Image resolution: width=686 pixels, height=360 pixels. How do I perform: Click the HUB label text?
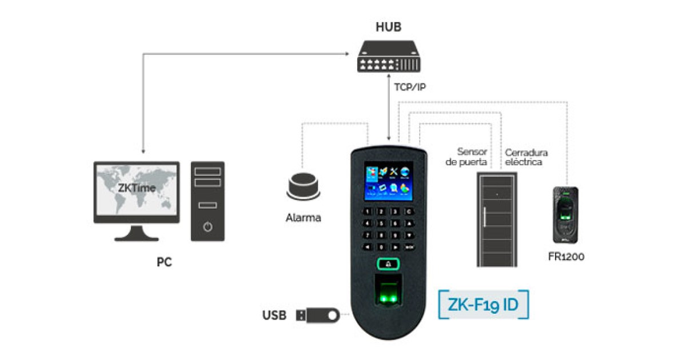pyautogui.click(x=389, y=27)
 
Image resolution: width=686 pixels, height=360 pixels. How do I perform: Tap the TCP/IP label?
pyautogui.click(x=410, y=87)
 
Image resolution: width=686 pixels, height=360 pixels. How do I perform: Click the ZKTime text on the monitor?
pyautogui.click(x=137, y=188)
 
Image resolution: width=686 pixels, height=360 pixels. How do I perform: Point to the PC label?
pyautogui.click(x=164, y=262)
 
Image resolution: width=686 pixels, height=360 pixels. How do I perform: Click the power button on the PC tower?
pyautogui.click(x=208, y=227)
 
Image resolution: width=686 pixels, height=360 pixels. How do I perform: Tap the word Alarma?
pyautogui.click(x=304, y=218)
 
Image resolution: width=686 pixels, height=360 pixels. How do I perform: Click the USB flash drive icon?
pyautogui.click(x=318, y=315)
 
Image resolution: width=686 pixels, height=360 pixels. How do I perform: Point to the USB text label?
pyautogui.click(x=274, y=315)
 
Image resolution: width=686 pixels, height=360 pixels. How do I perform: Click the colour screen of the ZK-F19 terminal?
pyautogui.click(x=389, y=181)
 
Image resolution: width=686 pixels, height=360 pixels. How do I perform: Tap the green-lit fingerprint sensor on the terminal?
pyautogui.click(x=389, y=294)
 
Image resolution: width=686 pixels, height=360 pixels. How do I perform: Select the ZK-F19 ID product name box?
pyautogui.click(x=483, y=305)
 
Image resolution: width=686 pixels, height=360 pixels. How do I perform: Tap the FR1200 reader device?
pyautogui.click(x=565, y=214)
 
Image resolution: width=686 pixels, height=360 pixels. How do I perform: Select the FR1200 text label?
pyautogui.click(x=565, y=257)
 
